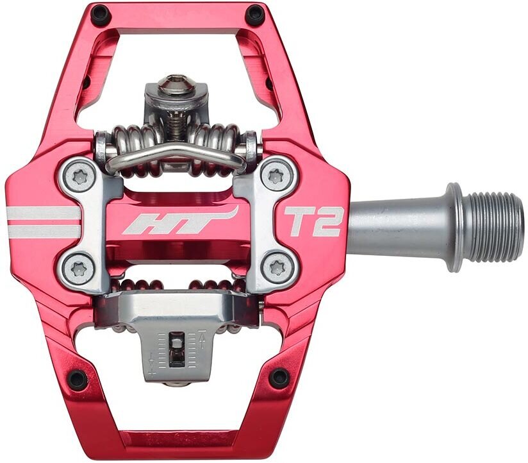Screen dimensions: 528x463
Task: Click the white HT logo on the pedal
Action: point(181,221)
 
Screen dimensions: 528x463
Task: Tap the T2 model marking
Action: point(314,222)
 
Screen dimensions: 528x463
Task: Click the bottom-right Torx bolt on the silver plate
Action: point(278,267)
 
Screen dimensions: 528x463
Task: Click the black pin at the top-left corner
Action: point(100,14)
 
